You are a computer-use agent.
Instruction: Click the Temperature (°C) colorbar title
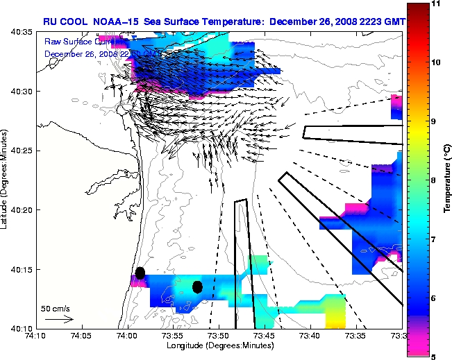point(448,180)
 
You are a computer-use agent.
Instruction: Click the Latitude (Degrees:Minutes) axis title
point(6,180)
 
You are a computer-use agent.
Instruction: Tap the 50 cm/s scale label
point(55,308)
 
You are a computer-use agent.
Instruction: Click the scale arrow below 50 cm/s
point(58,319)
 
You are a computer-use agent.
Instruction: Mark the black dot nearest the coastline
point(140,273)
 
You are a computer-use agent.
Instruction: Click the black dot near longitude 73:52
point(197,286)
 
